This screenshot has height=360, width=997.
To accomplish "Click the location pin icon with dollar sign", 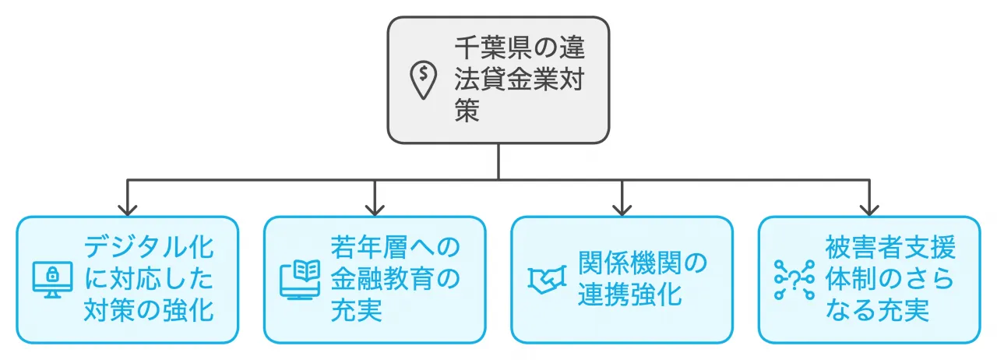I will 423,81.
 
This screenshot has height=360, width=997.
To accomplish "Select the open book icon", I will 299,280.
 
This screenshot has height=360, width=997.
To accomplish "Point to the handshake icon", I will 546,280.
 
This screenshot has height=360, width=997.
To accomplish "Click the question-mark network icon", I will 793,280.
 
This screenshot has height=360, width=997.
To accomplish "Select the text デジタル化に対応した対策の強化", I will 148,280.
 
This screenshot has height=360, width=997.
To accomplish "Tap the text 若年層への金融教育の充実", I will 395,280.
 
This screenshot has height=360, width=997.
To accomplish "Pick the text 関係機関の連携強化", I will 642,280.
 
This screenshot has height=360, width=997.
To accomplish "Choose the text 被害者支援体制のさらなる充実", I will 890,280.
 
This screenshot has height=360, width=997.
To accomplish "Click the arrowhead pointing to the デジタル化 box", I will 128,209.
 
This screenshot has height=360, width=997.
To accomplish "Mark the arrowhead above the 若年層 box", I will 375,209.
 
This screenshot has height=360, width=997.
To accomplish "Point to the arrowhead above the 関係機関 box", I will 622,209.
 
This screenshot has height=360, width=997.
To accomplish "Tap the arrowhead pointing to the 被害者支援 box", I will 869,209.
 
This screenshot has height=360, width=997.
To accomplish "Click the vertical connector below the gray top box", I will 498,162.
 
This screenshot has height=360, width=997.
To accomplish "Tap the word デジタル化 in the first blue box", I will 148,249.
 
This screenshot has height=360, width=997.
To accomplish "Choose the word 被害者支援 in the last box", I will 890,249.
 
